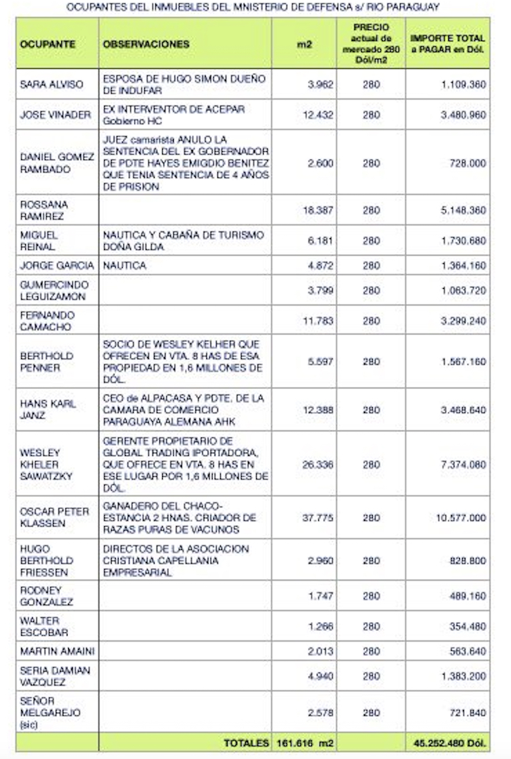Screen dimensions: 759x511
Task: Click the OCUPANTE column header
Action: coord(48,44)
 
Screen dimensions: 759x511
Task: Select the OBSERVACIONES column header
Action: coord(146,44)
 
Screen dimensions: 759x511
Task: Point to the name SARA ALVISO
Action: coord(52,84)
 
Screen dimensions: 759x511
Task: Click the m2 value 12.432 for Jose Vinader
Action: coord(318,115)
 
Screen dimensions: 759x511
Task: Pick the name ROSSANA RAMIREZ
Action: coord(44,210)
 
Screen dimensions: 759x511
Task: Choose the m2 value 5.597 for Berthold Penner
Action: coord(320,362)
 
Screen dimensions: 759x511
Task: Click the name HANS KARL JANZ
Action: coord(48,409)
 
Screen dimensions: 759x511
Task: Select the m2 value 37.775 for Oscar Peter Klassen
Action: coord(318,518)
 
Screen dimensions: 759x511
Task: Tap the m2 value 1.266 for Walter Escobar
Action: coord(320,627)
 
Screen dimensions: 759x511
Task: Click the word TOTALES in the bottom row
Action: coord(246,742)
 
